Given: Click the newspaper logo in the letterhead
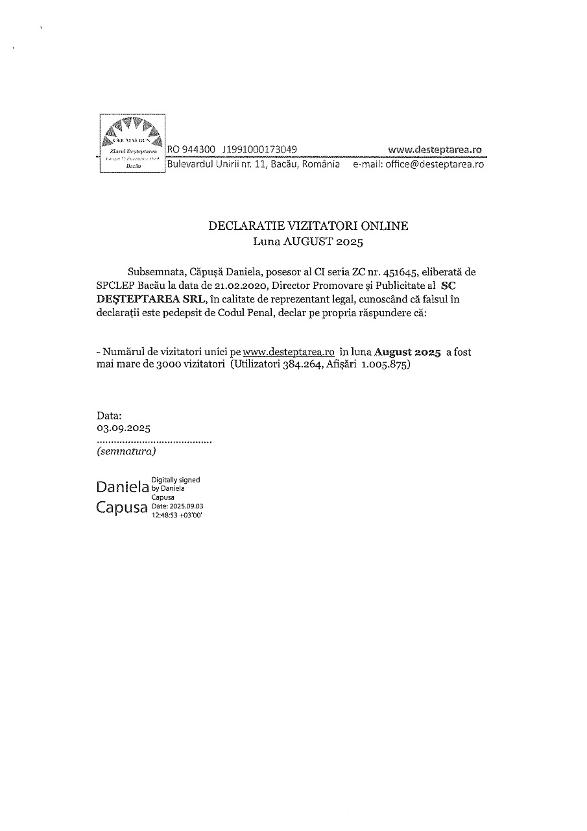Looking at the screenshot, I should click(x=132, y=143).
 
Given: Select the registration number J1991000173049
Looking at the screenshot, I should click(x=259, y=150).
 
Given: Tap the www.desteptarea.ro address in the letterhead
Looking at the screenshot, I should click(x=435, y=150).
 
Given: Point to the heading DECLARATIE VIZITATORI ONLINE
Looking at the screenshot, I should click(x=308, y=226).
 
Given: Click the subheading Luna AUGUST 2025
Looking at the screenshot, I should click(x=308, y=242).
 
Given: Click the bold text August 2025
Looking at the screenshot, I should click(x=408, y=352).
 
